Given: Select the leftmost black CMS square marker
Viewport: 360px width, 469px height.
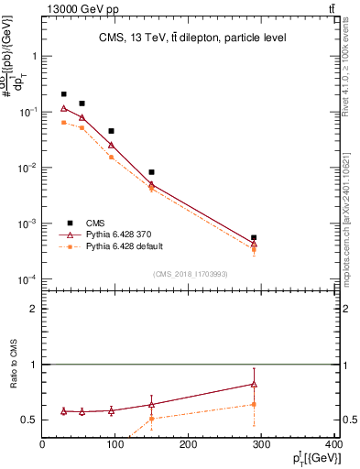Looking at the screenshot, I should click(63, 94).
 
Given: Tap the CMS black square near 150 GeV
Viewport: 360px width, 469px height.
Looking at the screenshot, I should click(151, 172).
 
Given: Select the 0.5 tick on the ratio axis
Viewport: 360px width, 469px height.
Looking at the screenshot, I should click(30, 420).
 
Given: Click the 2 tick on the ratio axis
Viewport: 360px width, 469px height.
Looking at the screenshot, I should click(34, 309).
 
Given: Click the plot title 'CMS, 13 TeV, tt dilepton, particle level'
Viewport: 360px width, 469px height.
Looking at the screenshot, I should click(193, 38).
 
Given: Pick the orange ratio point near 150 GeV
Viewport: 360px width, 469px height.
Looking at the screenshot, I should click(151, 419).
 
